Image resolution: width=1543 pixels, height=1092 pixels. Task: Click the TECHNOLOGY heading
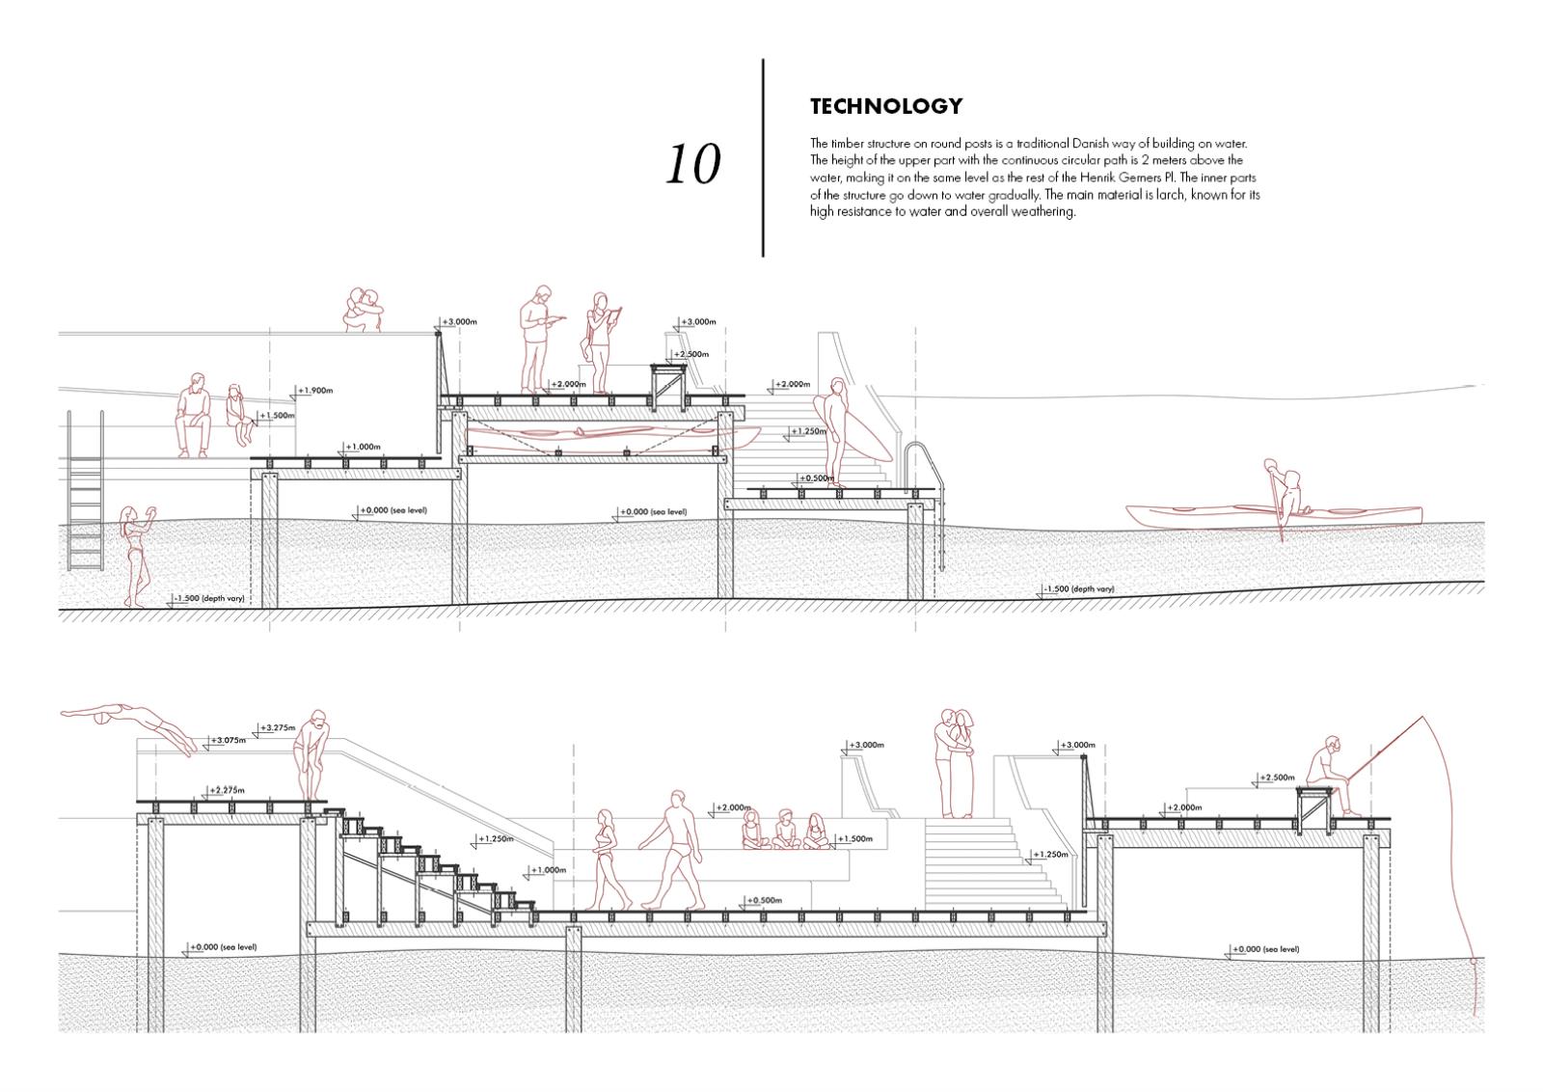(x=885, y=106)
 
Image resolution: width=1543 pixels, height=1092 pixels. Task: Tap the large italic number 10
(x=692, y=164)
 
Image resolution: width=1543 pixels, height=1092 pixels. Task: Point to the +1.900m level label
(x=315, y=391)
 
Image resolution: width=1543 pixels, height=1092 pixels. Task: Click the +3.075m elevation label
(x=228, y=741)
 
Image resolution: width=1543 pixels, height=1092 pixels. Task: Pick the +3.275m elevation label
(x=278, y=727)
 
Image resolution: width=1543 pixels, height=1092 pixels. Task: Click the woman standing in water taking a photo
(x=133, y=555)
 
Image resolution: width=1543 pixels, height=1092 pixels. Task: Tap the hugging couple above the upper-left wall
(x=364, y=311)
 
